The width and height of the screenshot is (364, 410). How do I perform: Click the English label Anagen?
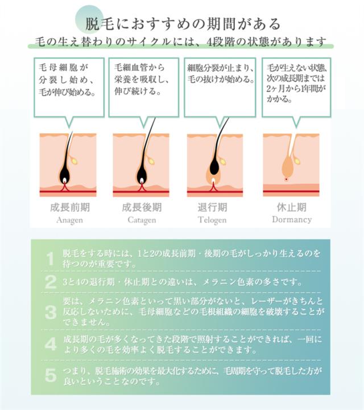tap(69, 220)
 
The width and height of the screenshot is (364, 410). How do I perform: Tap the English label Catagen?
tap(142, 220)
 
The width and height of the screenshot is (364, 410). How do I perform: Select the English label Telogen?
tap(212, 220)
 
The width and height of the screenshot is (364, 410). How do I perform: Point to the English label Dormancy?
tap(292, 220)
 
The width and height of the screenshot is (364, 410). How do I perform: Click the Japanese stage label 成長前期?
tap(70, 207)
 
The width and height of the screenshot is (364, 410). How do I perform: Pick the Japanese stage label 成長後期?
tap(142, 207)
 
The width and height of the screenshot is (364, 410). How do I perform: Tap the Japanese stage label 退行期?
tap(212, 207)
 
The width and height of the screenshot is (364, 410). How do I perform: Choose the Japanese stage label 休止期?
tap(292, 207)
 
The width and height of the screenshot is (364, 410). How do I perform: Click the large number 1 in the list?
tap(51, 259)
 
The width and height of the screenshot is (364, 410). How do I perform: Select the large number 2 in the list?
tap(51, 282)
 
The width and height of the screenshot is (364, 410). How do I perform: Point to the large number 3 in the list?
tap(51, 312)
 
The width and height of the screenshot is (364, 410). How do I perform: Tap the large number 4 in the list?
tap(51, 344)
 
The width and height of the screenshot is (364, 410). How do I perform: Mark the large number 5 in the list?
tap(51, 376)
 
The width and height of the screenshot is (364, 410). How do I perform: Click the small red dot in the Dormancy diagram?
tap(286, 179)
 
